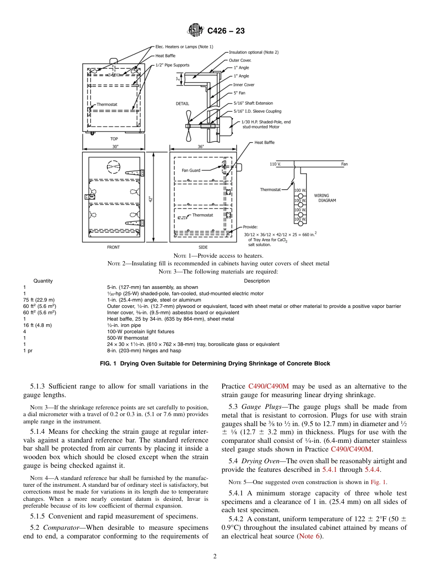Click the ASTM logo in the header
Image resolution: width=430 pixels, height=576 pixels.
pos(196,31)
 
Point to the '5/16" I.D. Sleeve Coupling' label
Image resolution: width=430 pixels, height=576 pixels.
pos(257,111)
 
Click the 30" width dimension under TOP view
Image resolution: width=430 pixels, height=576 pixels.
pos(115,147)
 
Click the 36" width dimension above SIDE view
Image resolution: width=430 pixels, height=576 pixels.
pos(201,147)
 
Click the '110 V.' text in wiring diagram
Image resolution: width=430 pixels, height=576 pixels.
pos(275,164)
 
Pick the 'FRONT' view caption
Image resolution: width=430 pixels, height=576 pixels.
pos(113,247)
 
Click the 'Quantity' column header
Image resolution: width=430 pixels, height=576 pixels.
pos(43,281)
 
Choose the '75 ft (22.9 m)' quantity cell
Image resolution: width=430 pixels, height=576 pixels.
pos(38,300)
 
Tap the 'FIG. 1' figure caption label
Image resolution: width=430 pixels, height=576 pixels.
pos(110,364)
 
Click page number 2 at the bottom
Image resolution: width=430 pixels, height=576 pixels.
pos(215,557)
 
